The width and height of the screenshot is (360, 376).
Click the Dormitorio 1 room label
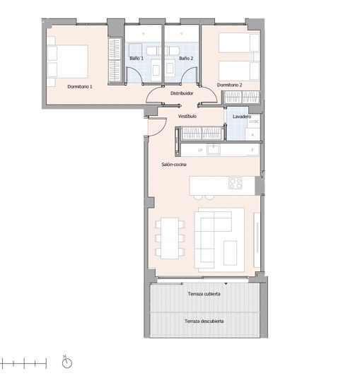[x=80, y=86]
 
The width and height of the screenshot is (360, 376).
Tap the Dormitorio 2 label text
[x=229, y=85]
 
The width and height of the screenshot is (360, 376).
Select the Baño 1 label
[x=137, y=58]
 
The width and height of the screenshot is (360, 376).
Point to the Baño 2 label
[x=186, y=58]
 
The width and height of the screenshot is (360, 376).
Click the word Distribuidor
[x=182, y=93]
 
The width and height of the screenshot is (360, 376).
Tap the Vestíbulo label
[x=187, y=115]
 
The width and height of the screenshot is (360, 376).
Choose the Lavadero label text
[x=243, y=116]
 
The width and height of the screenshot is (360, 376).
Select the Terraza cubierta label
[x=204, y=293]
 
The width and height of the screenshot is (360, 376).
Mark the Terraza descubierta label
[x=204, y=321]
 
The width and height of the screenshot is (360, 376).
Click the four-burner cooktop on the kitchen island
[x=235, y=184]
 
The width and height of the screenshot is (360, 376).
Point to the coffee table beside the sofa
[x=231, y=249]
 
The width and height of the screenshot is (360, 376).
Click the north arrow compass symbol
[x=66, y=363]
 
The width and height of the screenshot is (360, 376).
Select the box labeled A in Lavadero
[x=253, y=134]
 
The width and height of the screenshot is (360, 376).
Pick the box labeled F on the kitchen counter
[x=252, y=151]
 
